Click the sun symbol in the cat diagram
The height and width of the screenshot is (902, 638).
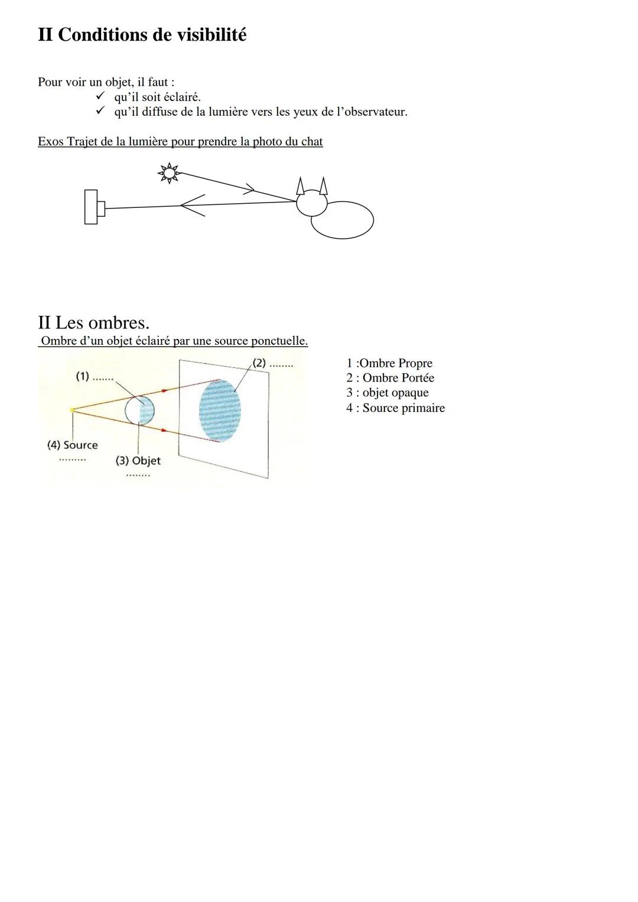[x=169, y=173]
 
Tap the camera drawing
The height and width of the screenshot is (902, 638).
[x=95, y=207]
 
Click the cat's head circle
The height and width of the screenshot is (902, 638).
[x=312, y=203]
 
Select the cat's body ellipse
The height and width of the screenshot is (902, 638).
[x=343, y=220]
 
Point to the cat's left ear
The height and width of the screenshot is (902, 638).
[x=300, y=187]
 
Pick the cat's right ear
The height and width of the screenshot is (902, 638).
[x=324, y=186]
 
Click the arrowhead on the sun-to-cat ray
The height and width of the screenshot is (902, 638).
[x=250, y=189]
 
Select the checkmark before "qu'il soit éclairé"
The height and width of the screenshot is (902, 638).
[x=100, y=96]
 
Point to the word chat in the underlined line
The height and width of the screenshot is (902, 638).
[x=312, y=142]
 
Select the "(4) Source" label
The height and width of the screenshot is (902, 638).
[x=73, y=445]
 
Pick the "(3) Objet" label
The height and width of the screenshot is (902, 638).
[x=138, y=461]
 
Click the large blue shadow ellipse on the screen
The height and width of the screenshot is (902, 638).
[x=220, y=411]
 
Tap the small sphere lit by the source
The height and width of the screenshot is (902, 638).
[x=139, y=411]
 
